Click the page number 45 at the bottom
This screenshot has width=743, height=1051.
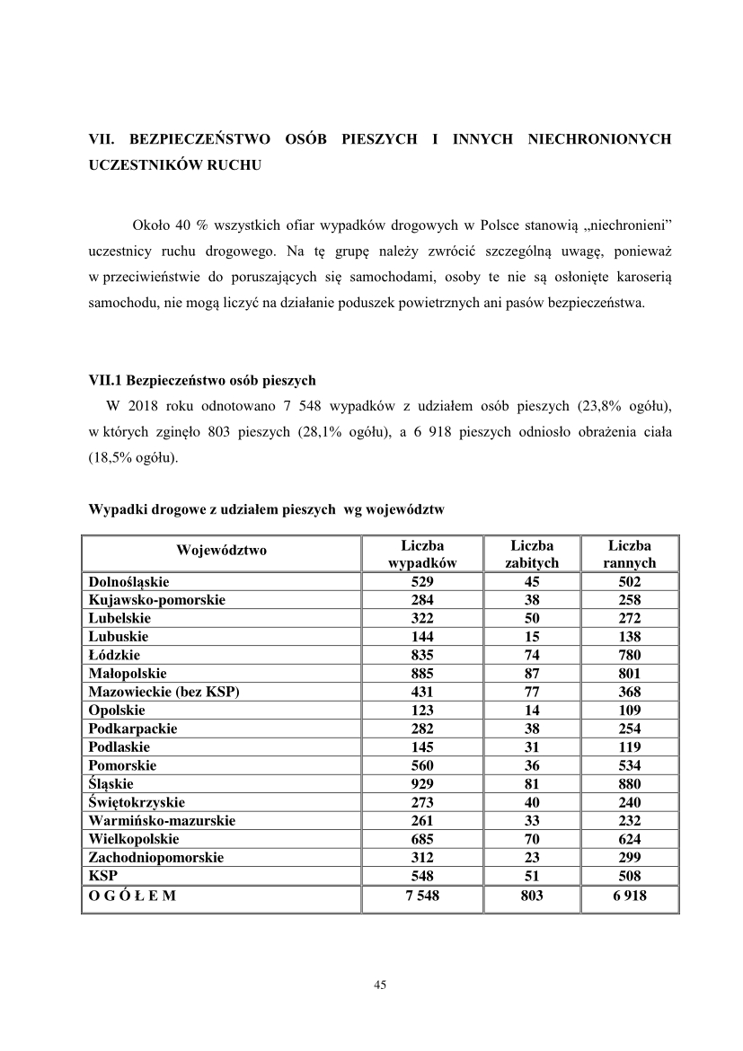(379, 985)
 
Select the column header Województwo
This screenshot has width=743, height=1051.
(221, 551)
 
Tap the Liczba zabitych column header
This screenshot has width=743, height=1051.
(532, 554)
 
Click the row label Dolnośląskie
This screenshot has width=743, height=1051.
(128, 582)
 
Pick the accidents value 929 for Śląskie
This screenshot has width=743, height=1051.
(421, 784)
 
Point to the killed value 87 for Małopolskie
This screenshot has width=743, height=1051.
(532, 673)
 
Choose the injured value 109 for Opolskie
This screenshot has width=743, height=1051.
(629, 710)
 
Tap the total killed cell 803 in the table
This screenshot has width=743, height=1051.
(532, 896)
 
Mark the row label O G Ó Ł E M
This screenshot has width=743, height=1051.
(132, 896)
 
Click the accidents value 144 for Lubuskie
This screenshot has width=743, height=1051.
(421, 636)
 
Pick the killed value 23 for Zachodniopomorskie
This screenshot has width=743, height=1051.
(532, 858)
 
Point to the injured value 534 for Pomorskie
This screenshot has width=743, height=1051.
(629, 765)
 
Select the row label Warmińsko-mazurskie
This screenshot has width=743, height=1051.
(162, 821)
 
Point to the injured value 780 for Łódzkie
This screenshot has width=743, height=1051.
(629, 655)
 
